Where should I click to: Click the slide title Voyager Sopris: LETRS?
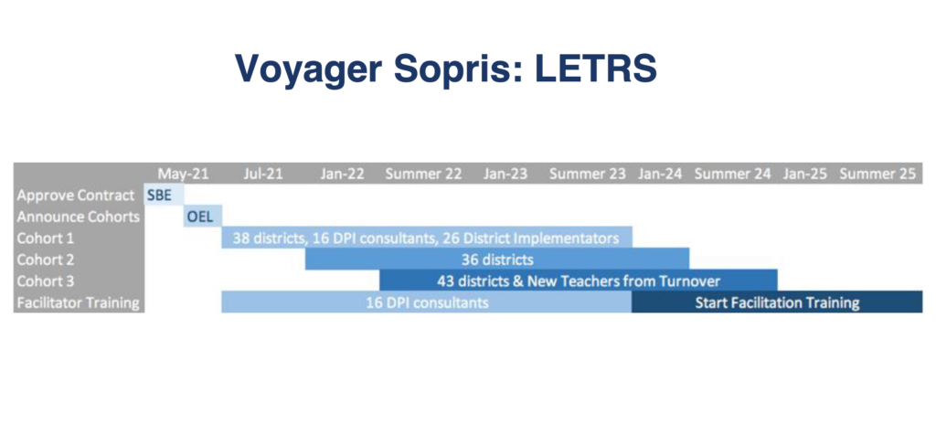tap(446, 69)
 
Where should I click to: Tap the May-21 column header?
tap(183, 174)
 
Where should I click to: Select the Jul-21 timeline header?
tap(263, 174)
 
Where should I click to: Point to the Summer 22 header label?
tap(424, 174)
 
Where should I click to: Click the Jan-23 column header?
tap(505, 174)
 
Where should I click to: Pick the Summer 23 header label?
tap(588, 174)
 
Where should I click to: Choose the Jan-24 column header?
tap(660, 174)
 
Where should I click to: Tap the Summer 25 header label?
tap(877, 174)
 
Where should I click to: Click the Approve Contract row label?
tap(76, 196)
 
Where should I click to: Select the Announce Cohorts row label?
tap(79, 217)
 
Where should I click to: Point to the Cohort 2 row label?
tap(46, 259)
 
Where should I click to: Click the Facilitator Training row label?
tap(79, 302)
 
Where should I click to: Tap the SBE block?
tap(165, 195)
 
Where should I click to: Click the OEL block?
tap(203, 217)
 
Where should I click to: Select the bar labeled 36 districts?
tap(497, 259)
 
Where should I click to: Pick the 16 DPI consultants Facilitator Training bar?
tap(427, 302)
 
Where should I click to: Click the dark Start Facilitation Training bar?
tap(777, 302)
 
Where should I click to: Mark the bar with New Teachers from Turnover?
tap(579, 281)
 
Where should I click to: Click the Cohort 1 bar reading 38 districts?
tap(427, 238)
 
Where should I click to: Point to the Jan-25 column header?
tap(805, 174)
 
